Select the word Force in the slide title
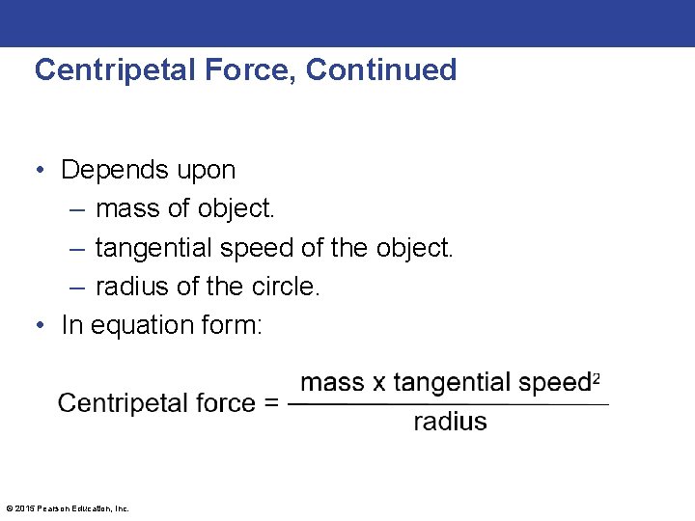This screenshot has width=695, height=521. click(251, 70)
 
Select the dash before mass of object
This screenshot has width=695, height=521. click(76, 209)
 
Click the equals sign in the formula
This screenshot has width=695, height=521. click(271, 403)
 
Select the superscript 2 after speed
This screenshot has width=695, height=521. click(597, 377)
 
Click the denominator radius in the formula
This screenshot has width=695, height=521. click(450, 422)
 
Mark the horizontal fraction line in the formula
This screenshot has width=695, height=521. click(449, 403)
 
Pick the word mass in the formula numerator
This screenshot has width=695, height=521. click(332, 383)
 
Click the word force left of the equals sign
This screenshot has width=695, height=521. click(222, 402)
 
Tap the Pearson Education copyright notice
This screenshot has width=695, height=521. click(68, 508)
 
